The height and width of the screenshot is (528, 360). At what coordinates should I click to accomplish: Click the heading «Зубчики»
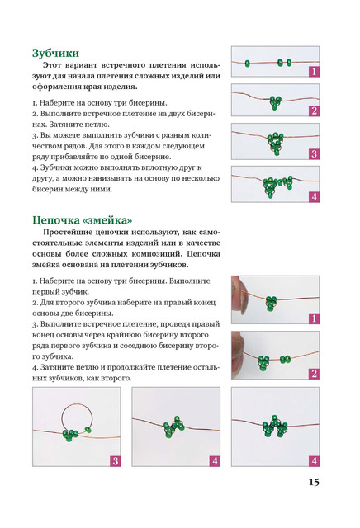point(55,53)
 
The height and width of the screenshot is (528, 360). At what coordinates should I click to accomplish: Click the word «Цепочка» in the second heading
point(55,220)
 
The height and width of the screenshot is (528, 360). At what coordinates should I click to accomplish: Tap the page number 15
point(314,482)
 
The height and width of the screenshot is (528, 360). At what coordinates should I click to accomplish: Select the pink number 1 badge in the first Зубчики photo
point(314,72)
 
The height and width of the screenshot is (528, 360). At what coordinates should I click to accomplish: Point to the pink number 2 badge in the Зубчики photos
point(314,111)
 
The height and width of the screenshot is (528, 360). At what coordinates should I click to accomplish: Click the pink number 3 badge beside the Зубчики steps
point(314,154)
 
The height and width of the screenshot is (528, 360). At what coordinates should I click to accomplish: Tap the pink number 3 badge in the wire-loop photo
point(115,460)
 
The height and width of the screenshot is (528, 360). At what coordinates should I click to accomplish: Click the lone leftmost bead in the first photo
point(248,64)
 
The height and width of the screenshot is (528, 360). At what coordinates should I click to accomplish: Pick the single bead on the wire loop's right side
point(88,430)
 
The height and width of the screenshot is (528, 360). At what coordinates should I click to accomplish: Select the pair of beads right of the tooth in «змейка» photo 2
point(285,360)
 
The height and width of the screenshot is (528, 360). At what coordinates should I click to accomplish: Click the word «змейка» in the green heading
point(107,220)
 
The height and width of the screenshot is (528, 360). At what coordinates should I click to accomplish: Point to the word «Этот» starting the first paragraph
point(52,65)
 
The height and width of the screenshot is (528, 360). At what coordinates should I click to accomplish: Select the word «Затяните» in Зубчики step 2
point(63,125)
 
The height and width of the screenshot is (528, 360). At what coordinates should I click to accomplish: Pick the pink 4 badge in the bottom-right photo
point(314,460)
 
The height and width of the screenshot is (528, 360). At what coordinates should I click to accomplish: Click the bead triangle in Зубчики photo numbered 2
point(276,102)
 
